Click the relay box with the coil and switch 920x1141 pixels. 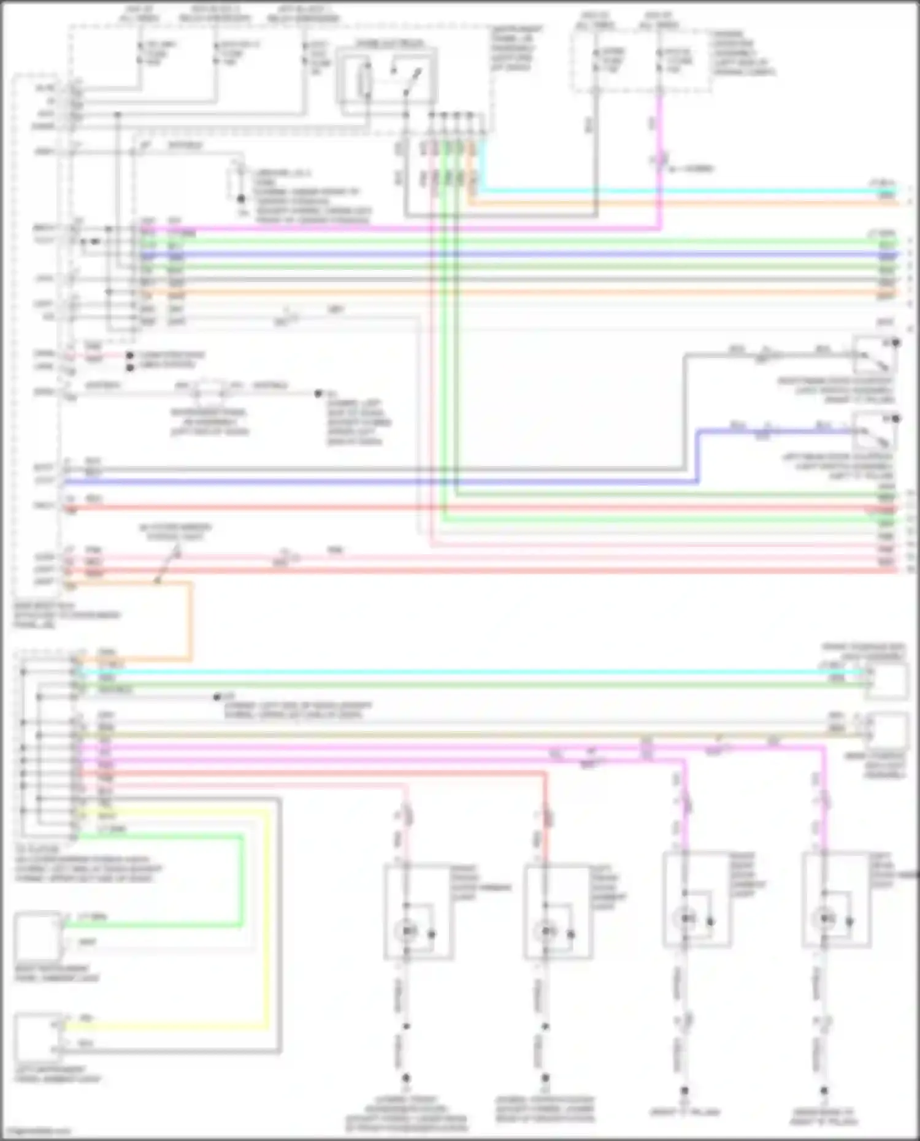point(386,78)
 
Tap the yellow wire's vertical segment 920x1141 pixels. point(267,920)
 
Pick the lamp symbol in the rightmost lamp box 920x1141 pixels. point(824,918)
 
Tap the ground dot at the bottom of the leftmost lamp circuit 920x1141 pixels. point(405,1077)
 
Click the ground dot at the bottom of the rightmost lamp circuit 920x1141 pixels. point(824,1090)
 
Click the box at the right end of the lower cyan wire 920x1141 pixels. point(888,681)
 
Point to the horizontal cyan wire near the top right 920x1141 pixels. point(675,191)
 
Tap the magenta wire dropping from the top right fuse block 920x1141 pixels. point(660,135)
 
